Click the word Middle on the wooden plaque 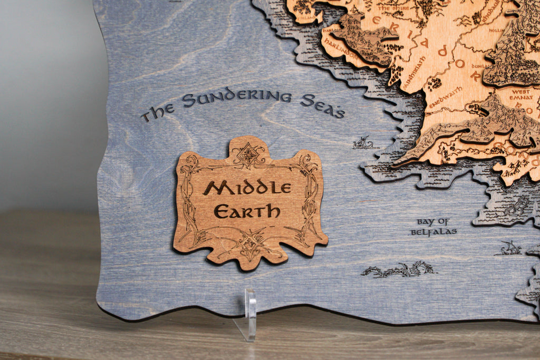[x=247, y=187]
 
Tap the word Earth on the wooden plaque [x=247, y=211]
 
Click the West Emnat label [x=520, y=95]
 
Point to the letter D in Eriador [x=442, y=51]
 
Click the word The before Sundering [x=153, y=112]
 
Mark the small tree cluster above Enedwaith [x=434, y=83]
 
